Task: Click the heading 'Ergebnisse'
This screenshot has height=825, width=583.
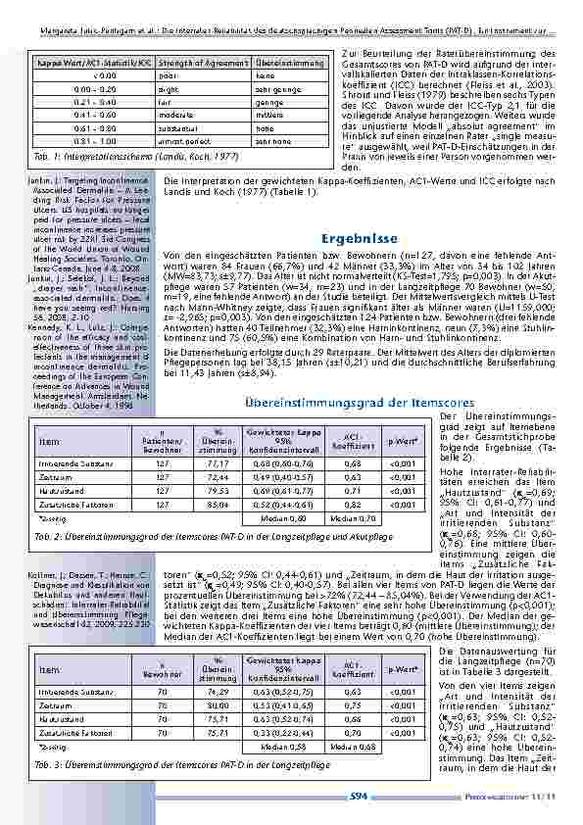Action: [359, 237]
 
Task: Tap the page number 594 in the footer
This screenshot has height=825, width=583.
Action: [359, 797]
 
